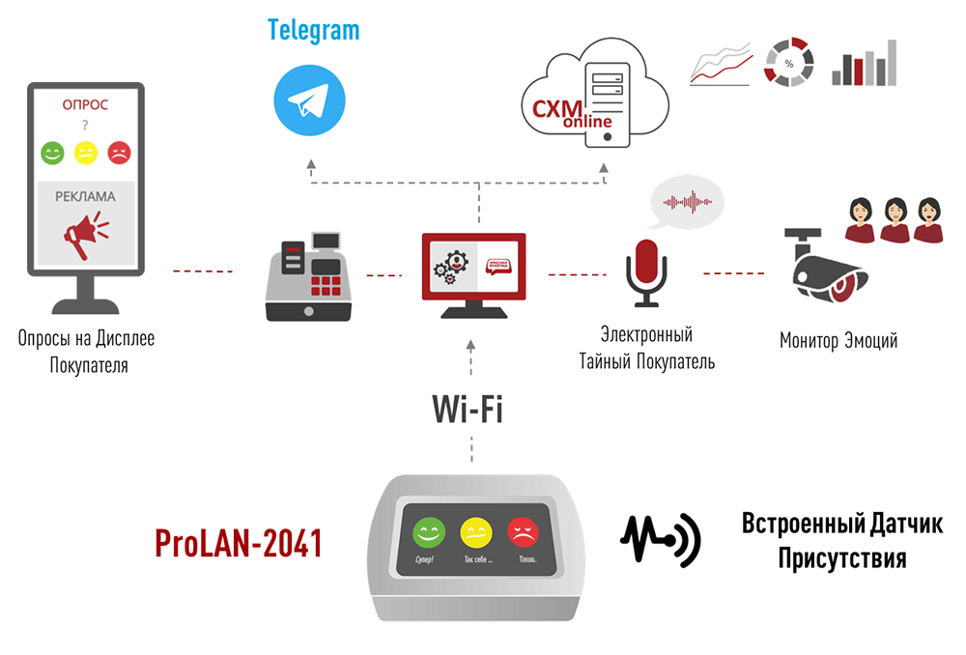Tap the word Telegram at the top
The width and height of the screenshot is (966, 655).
click(x=313, y=30)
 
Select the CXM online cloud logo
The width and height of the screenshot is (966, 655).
click(x=592, y=97)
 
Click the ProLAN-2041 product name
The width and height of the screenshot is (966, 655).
click(x=239, y=545)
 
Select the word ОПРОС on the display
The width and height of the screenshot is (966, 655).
click(x=85, y=104)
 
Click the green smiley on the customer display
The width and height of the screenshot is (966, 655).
click(x=52, y=152)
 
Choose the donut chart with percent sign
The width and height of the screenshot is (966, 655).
click(x=788, y=63)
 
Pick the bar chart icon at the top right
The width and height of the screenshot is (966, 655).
click(x=865, y=64)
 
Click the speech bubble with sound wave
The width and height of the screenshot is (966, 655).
click(x=687, y=201)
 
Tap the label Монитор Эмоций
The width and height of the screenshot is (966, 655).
click(x=838, y=340)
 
